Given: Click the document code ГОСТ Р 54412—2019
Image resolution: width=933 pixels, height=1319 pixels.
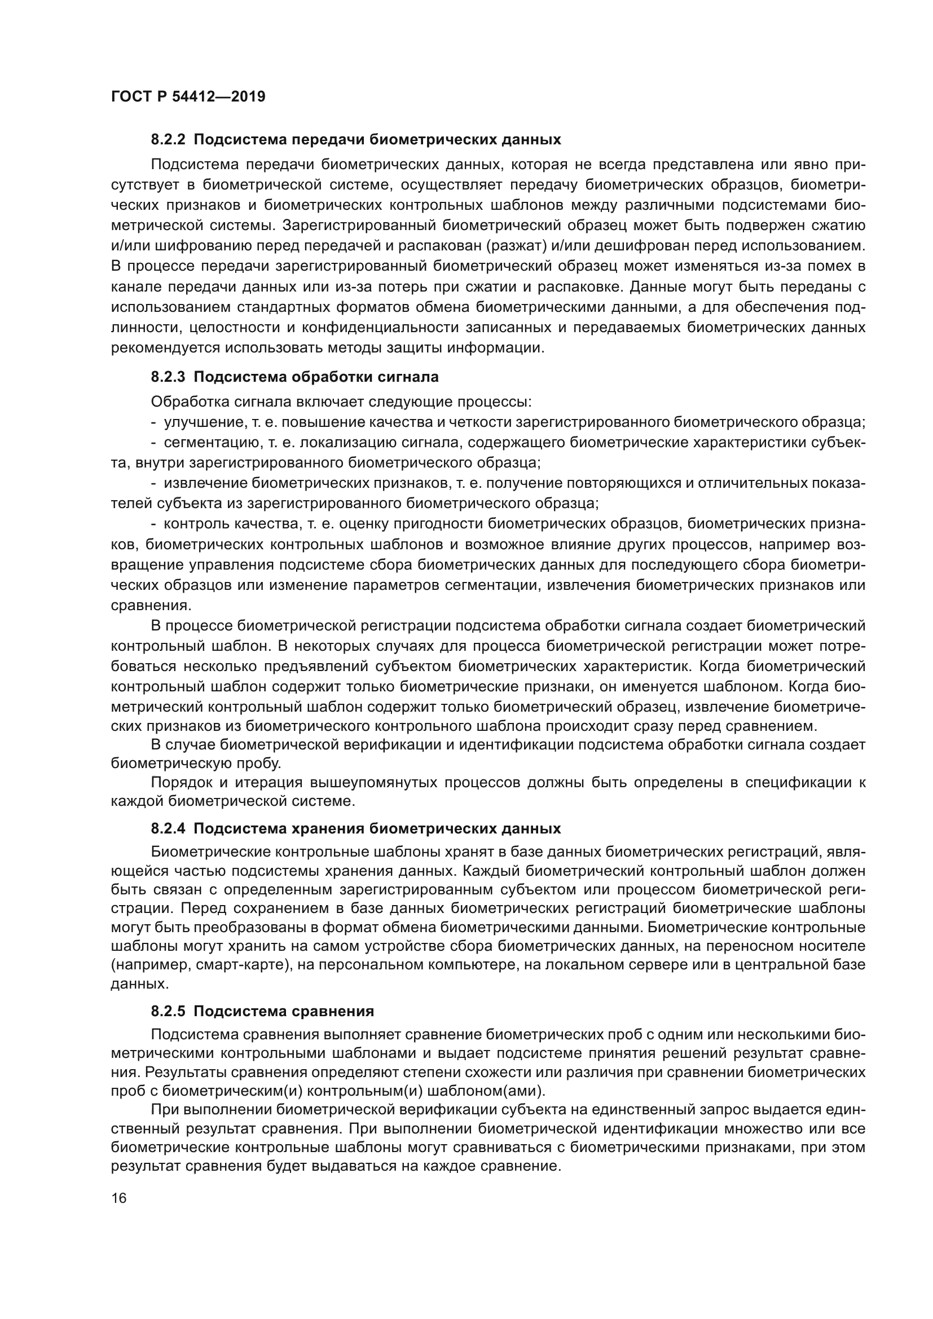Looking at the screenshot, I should [188, 96].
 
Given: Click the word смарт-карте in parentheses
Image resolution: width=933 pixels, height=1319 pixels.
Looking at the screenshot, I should [245, 965].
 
